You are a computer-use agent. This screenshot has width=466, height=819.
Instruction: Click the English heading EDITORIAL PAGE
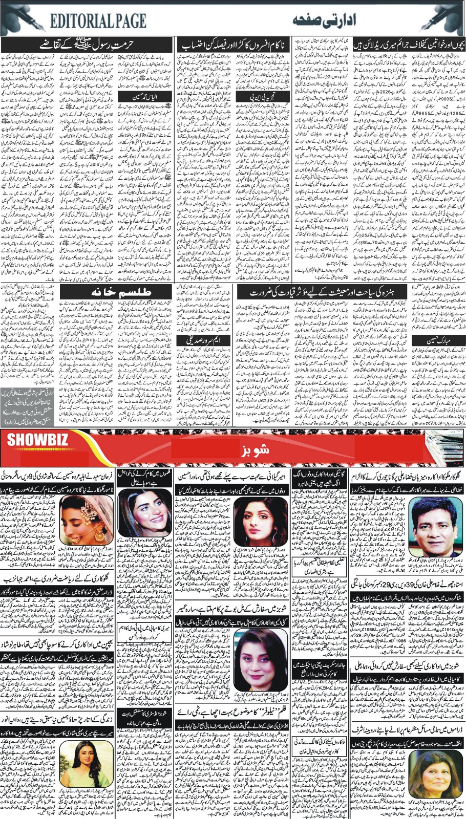[x=98, y=20]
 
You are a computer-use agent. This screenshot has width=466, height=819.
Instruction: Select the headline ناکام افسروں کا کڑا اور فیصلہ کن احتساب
[x=233, y=45]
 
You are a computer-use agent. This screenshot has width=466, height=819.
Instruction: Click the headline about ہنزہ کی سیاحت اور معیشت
[x=301, y=292]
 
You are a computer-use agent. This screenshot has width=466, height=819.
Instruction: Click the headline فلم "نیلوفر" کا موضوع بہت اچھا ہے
[x=234, y=712]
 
